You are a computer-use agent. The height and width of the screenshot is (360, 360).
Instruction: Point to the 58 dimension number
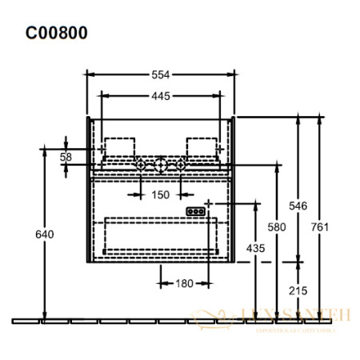point(66,157)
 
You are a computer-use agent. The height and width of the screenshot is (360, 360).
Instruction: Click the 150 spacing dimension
point(161,194)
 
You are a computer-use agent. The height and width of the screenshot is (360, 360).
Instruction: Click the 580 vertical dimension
point(277,228)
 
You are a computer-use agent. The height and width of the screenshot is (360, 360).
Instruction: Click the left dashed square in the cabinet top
point(121,146)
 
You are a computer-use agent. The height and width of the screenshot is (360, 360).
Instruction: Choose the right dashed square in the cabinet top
point(200,146)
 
